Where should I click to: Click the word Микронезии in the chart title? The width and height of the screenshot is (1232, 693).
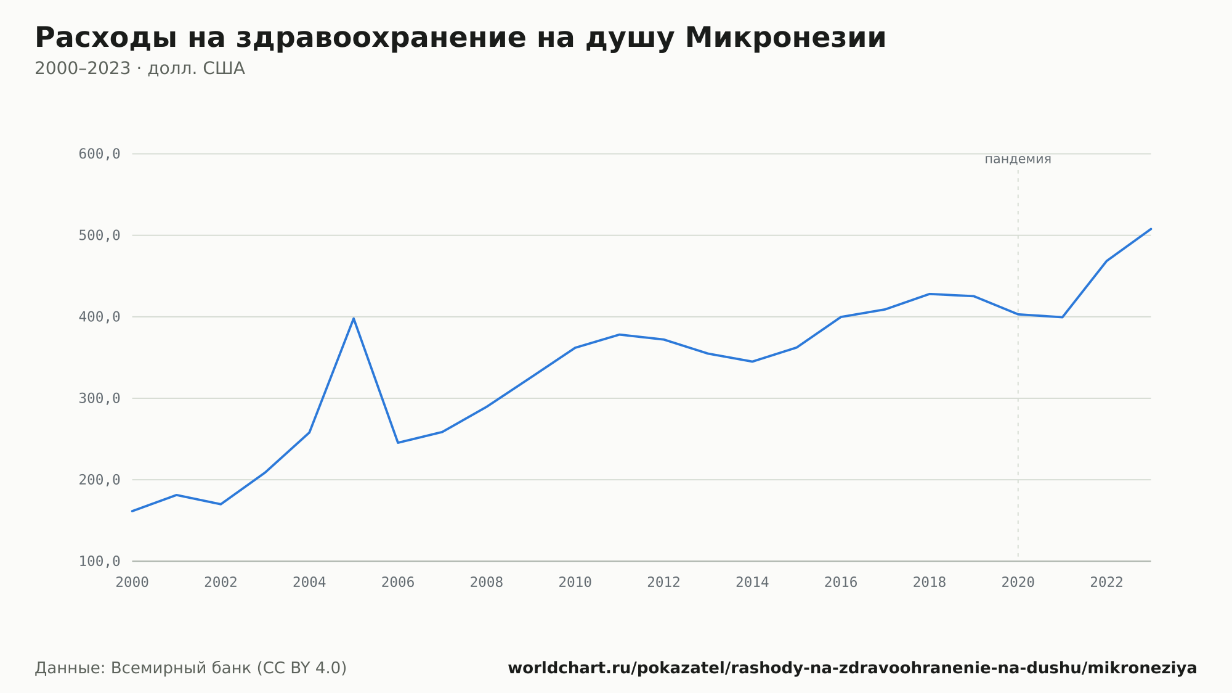point(785,38)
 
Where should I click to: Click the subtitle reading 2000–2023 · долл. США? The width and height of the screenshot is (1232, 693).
point(140,68)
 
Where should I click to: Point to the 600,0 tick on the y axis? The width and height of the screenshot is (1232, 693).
point(99,154)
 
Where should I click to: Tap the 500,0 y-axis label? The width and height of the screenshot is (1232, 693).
point(99,236)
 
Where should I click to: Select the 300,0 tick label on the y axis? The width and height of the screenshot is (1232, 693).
point(99,398)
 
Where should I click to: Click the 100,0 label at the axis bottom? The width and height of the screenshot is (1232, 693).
point(99,561)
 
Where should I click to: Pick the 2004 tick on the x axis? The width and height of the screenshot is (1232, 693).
point(309,583)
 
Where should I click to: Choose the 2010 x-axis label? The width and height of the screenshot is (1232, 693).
point(575,583)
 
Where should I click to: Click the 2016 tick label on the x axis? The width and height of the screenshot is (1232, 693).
point(841,583)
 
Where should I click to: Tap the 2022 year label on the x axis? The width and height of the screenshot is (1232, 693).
point(1106,583)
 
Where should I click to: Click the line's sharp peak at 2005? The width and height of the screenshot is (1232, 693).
point(354,318)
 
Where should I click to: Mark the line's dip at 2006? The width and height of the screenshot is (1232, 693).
point(398,443)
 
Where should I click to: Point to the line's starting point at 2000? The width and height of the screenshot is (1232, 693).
point(132,511)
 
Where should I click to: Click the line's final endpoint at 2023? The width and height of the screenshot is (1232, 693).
point(1151,229)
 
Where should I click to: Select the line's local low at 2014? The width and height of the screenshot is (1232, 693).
point(752,361)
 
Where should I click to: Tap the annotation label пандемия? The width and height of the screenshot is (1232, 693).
point(1018,159)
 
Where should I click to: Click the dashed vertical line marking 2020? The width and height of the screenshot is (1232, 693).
point(1018,364)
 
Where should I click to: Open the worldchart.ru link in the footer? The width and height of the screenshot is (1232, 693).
point(852,668)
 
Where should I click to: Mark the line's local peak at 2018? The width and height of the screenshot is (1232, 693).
point(930,294)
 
